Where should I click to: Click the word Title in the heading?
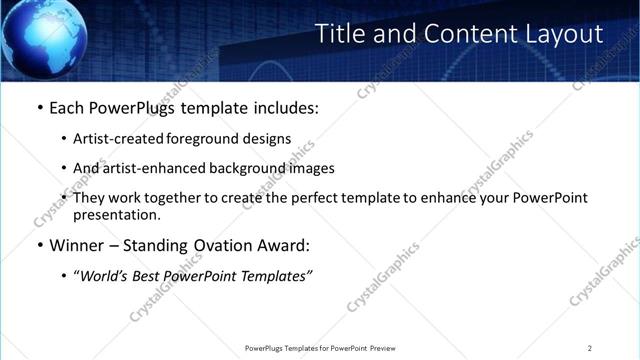[x=340, y=34]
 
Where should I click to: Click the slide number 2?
[x=590, y=348]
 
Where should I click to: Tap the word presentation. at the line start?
[x=116, y=215]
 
